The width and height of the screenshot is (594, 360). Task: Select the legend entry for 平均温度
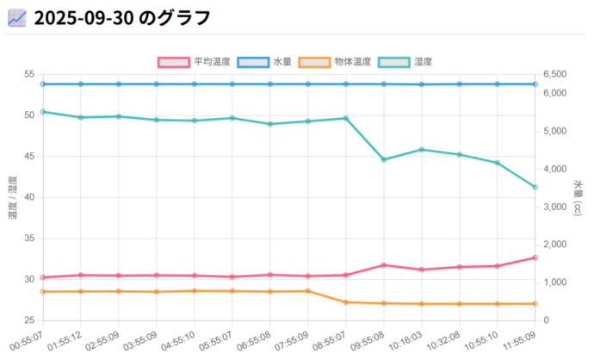(x=194, y=62)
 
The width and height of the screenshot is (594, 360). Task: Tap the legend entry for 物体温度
(x=335, y=62)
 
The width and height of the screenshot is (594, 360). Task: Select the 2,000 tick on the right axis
(x=556, y=245)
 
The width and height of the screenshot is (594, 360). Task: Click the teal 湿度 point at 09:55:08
(x=384, y=159)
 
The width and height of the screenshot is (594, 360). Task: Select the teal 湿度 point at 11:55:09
(x=535, y=187)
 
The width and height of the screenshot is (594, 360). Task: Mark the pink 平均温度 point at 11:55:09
(x=535, y=258)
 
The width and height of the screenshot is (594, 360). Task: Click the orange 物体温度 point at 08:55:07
(x=346, y=302)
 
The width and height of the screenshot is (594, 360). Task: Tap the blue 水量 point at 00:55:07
(x=43, y=84)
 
